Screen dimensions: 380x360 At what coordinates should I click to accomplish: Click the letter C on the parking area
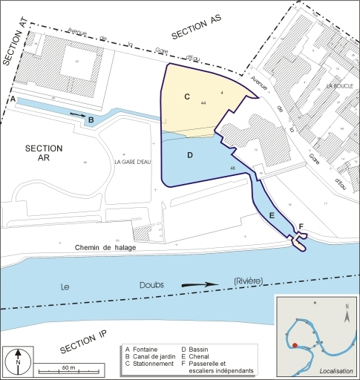click(187, 96)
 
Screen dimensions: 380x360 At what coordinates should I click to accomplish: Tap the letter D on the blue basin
click(190, 155)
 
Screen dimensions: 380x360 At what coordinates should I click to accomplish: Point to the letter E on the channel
click(272, 214)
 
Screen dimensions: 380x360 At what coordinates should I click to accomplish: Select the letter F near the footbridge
click(301, 226)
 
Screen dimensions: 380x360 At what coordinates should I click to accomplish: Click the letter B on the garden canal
click(91, 120)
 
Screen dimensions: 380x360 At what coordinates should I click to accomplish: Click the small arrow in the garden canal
click(77, 114)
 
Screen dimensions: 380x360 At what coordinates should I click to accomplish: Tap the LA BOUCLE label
click(338, 87)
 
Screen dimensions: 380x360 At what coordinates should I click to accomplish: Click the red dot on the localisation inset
click(295, 345)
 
